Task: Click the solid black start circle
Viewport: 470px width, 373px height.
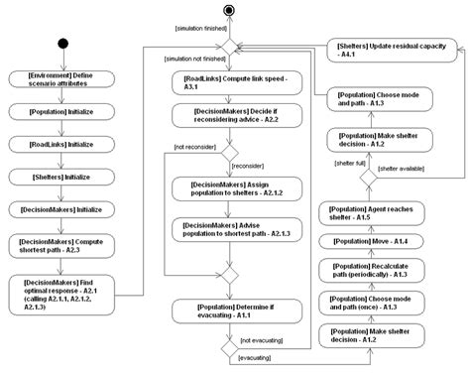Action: pyautogui.click(x=63, y=46)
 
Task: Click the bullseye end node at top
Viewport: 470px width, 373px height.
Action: pyautogui.click(x=230, y=12)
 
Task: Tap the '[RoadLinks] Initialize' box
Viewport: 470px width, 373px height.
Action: pyautogui.click(x=63, y=145)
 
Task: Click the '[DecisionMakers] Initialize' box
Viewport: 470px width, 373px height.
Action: pyautogui.click(x=63, y=209)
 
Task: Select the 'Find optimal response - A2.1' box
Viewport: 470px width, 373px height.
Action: pyautogui.click(x=63, y=294)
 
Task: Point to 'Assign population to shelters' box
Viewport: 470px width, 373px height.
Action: pyautogui.click(x=229, y=187)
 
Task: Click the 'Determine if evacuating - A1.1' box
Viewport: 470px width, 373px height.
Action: pyautogui.click(x=229, y=311)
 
